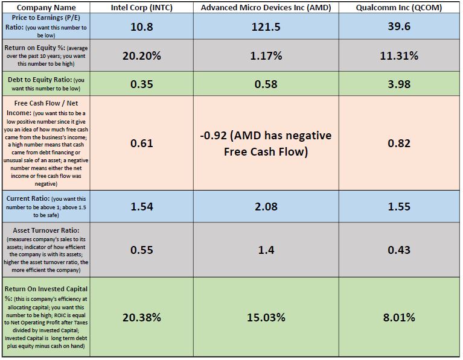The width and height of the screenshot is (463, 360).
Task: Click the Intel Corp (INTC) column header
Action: click(x=142, y=8)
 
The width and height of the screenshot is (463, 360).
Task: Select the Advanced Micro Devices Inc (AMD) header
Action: click(x=266, y=8)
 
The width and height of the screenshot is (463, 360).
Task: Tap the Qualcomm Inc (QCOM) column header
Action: click(x=399, y=8)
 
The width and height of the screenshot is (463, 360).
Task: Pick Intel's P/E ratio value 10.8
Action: click(x=142, y=28)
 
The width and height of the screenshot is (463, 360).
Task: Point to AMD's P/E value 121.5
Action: click(x=266, y=28)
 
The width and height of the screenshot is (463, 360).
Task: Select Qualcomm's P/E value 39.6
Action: click(x=399, y=28)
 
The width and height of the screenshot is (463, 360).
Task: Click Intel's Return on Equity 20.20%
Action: click(x=142, y=56)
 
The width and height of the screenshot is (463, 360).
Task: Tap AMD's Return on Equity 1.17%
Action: click(x=266, y=56)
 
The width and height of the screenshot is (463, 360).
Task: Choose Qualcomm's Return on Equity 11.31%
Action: click(x=399, y=56)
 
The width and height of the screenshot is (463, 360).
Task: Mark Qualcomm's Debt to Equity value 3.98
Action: click(x=399, y=84)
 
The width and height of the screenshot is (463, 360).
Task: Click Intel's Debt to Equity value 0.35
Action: click(x=142, y=84)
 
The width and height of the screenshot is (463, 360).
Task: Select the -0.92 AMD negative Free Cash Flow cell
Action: click(x=266, y=144)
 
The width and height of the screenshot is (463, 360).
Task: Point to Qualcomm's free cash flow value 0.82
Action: click(x=399, y=144)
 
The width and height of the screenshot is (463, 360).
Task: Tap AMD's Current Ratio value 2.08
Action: click(x=266, y=206)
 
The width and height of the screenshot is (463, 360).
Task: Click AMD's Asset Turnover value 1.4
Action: click(x=266, y=250)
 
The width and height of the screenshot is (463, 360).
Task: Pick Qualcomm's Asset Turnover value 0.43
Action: click(x=399, y=250)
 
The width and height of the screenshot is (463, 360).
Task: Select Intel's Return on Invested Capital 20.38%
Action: click(x=142, y=317)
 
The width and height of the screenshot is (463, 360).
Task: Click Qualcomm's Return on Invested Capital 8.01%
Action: click(x=399, y=317)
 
